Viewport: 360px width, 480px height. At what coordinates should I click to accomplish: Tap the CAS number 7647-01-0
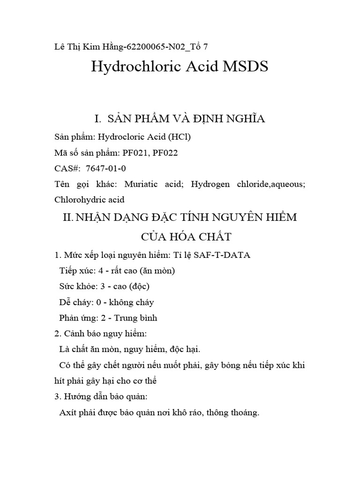coord(106,168)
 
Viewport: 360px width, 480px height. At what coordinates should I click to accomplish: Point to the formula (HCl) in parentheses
coord(179,137)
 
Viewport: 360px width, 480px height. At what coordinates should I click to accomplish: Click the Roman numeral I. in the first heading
coord(98,119)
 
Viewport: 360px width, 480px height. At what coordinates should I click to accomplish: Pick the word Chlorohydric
coord(78,200)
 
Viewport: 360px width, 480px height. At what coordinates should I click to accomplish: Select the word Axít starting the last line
coord(68,413)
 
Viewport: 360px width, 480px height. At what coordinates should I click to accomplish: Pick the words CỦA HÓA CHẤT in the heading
coord(180,237)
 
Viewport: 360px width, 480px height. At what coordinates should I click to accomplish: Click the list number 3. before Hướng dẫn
coord(58,397)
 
